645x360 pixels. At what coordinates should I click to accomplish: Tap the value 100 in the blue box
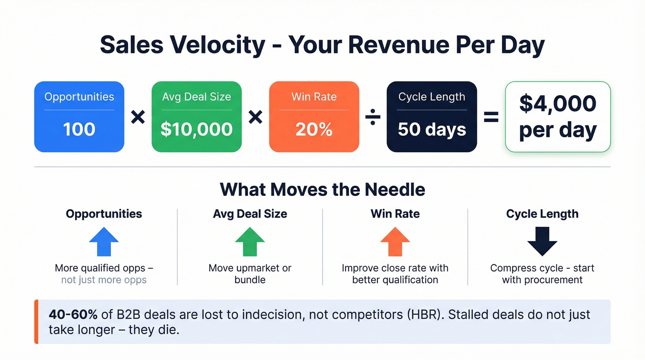click(x=79, y=129)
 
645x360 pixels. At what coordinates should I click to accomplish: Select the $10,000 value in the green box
click(x=197, y=129)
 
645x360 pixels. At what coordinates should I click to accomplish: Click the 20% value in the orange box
click(x=314, y=129)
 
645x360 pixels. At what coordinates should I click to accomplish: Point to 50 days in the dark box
click(x=432, y=129)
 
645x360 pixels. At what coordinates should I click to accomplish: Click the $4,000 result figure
click(x=558, y=103)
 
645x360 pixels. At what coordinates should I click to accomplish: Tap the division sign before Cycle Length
click(x=373, y=117)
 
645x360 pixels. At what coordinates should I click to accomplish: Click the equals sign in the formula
click(x=491, y=117)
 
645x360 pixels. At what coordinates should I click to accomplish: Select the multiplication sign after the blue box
click(x=138, y=117)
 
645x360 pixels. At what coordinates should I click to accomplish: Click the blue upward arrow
click(x=104, y=242)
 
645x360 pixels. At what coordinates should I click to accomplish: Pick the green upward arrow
click(x=250, y=242)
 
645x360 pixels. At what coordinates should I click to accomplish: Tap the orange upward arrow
click(x=395, y=242)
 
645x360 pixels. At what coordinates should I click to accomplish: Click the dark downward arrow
click(x=543, y=242)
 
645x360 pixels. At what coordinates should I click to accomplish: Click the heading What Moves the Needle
click(x=322, y=189)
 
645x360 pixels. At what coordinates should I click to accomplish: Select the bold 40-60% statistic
click(x=73, y=314)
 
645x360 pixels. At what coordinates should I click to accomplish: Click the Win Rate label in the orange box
click(x=314, y=96)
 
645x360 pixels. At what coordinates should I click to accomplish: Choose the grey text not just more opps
click(x=104, y=280)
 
